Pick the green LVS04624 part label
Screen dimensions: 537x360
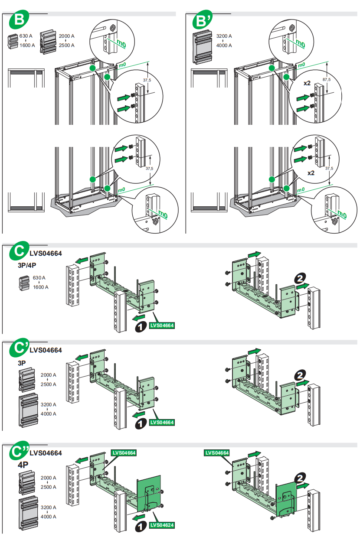click(162, 525)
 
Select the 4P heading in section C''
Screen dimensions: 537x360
click(23, 465)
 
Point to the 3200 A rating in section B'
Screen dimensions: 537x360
click(224, 36)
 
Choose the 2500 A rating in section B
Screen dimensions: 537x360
click(66, 45)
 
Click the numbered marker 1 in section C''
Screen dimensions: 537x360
click(140, 527)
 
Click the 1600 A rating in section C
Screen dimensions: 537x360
click(40, 287)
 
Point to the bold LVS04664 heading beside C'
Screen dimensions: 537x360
click(46, 350)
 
